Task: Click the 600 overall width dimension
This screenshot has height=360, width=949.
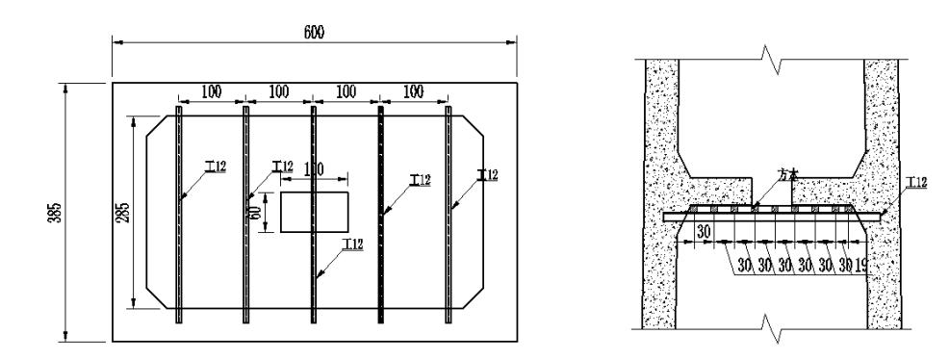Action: tap(315, 32)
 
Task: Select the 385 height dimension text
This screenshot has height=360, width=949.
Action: tap(60, 212)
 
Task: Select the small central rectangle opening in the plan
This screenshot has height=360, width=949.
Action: tap(315, 211)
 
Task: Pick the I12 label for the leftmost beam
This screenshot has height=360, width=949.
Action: tap(216, 167)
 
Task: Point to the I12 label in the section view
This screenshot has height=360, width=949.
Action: tap(917, 182)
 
